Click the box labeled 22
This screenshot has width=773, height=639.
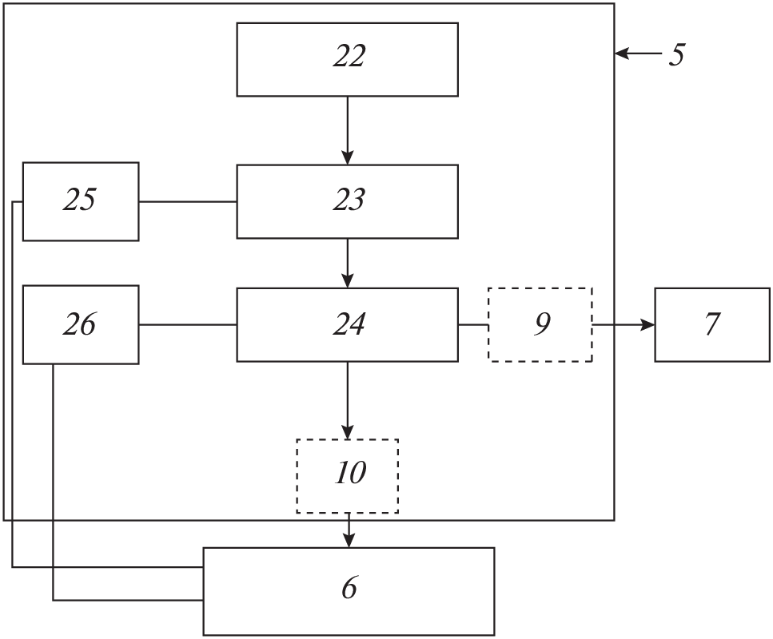click(347, 59)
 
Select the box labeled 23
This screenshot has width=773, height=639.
click(347, 201)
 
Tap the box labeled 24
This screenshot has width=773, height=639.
click(347, 324)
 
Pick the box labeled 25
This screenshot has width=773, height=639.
click(80, 201)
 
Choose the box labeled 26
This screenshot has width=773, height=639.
click(80, 324)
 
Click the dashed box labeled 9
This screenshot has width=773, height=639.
click(540, 324)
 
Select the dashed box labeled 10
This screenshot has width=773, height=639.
click(347, 476)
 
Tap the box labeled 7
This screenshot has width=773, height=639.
click(712, 324)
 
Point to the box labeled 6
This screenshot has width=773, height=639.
click(348, 591)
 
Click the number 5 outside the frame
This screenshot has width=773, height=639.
click(676, 54)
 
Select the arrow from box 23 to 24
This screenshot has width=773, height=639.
click(347, 263)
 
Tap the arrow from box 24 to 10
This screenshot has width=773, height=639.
click(347, 400)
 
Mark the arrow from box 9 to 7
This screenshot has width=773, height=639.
click(624, 324)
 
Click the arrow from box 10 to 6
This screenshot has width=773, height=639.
click(348, 530)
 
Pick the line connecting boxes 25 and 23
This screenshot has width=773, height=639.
click(187, 201)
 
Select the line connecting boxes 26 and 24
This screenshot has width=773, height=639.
click(187, 324)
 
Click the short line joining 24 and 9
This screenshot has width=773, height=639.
click(473, 324)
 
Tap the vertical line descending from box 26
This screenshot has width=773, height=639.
click(53, 479)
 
